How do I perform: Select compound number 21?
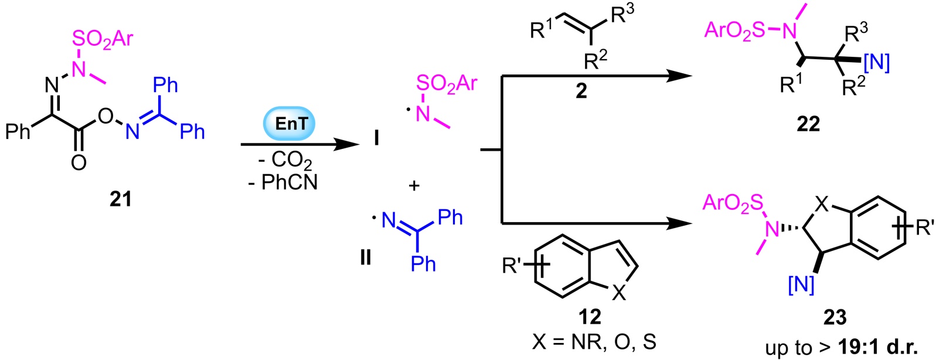(x=121, y=200)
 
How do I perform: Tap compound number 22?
(x=808, y=124)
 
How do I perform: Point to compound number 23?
(x=835, y=317)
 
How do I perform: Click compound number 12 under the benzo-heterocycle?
(x=590, y=317)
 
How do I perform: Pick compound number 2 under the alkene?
(x=581, y=91)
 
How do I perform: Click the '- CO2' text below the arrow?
(x=285, y=161)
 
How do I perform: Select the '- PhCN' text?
(x=282, y=182)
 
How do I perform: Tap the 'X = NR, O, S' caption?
(x=594, y=342)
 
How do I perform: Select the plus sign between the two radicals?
(x=414, y=186)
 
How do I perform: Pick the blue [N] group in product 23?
(x=801, y=284)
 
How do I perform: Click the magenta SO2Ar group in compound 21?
(x=103, y=39)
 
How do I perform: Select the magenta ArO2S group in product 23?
(x=733, y=203)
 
